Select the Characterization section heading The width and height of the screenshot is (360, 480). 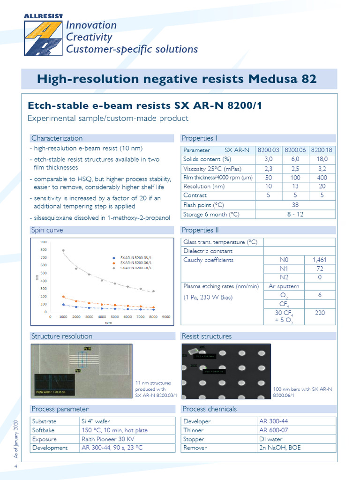point(57,138)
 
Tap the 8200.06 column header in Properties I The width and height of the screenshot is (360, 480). point(295,150)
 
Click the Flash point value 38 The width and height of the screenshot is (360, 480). point(295,205)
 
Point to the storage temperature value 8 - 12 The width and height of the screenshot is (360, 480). point(295,214)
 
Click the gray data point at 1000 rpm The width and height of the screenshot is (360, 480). point(63,251)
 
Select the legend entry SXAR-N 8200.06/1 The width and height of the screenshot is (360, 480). point(136,263)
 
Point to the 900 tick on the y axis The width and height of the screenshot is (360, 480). point(43,242)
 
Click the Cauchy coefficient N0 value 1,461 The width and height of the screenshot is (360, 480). point(320,260)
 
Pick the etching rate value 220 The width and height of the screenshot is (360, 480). point(320,313)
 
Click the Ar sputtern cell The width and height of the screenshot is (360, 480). point(284,286)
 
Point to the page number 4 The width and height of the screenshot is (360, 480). point(16,467)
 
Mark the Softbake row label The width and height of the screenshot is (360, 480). point(44,430)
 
